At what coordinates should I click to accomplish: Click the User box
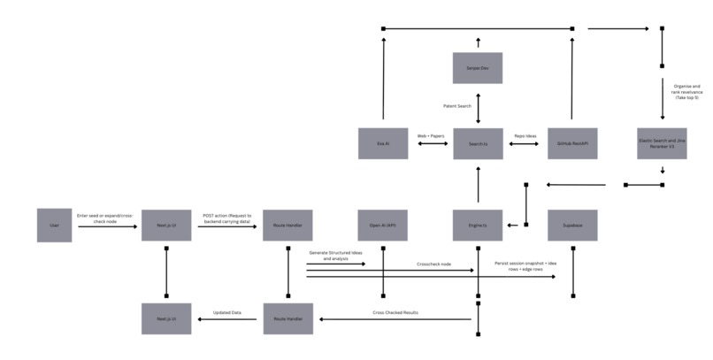(53, 226)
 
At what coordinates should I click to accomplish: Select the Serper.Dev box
(478, 68)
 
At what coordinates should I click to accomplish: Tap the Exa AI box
(383, 143)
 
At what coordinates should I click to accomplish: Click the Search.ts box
(478, 143)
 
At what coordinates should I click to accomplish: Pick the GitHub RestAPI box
(572, 143)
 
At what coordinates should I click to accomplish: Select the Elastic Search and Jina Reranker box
(663, 143)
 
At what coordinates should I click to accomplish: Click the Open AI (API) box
(383, 226)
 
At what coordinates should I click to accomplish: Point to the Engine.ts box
(478, 226)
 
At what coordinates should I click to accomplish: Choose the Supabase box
(572, 226)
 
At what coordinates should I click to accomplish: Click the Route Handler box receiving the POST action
(288, 226)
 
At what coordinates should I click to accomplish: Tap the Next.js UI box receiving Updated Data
(166, 318)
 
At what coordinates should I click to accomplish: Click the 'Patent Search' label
(457, 106)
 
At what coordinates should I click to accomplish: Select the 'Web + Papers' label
(431, 135)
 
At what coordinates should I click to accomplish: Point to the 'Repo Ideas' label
(525, 135)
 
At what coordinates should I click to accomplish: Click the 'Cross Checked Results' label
(397, 312)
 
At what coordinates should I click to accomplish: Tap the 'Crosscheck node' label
(433, 264)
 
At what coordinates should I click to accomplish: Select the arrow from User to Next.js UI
(107, 227)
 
